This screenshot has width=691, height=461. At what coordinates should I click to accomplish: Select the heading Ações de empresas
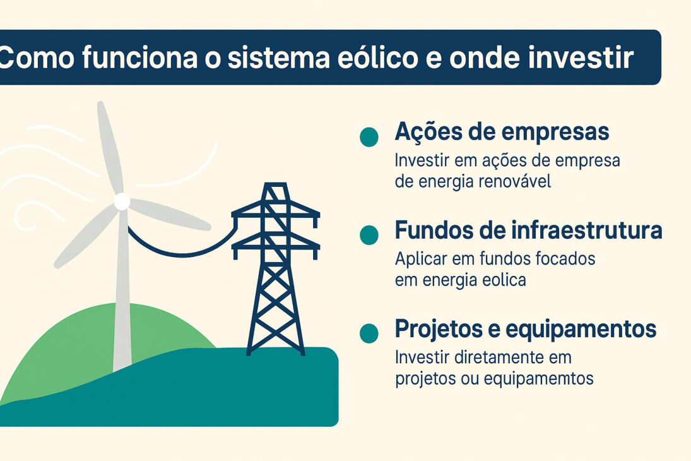tap(502, 132)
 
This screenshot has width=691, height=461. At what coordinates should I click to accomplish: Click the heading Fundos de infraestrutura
tap(528, 231)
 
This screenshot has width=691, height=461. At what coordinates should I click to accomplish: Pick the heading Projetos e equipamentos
tap(525, 330)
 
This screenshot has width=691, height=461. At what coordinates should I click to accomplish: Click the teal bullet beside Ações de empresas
tap(369, 137)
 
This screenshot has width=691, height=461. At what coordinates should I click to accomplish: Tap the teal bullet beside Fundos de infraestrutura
tap(369, 236)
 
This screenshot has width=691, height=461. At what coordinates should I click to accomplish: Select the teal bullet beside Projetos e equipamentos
tap(369, 333)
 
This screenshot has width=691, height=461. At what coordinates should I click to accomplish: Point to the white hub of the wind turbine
tap(122, 202)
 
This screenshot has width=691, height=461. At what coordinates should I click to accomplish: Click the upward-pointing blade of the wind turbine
tap(109, 148)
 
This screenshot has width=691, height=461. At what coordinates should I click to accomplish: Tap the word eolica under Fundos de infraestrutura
tap(502, 280)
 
